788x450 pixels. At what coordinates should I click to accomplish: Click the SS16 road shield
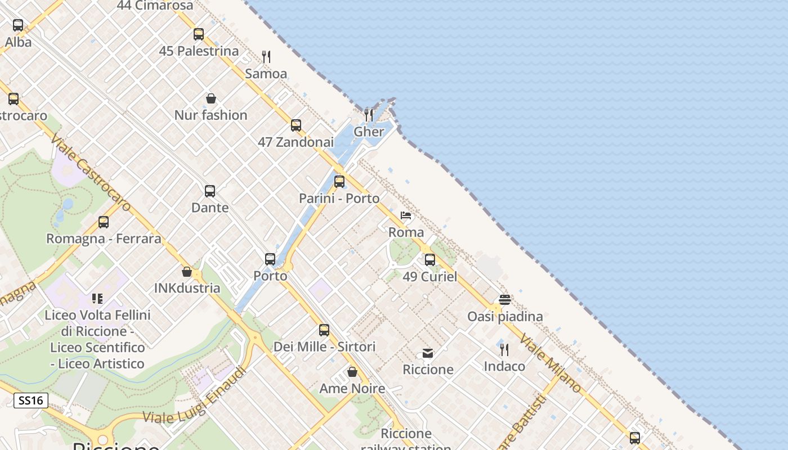[x=31, y=400]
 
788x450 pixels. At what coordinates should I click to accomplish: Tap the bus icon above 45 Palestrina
[x=199, y=34]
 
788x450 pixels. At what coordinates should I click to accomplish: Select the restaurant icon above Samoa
[x=266, y=56]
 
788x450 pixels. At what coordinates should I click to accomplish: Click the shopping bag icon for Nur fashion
[x=211, y=98]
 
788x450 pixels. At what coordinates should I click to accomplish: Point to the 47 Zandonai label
[x=295, y=142]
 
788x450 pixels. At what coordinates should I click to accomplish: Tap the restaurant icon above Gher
[x=369, y=115]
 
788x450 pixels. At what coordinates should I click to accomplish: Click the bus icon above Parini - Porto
[x=339, y=182]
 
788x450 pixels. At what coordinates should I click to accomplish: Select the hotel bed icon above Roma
[x=406, y=215]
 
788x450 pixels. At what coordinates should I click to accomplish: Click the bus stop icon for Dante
[x=210, y=191]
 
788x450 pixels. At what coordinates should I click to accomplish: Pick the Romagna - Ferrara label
[x=104, y=238]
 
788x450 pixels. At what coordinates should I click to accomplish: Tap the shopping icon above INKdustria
[x=187, y=272]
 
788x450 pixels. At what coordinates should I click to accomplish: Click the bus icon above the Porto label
[x=270, y=259]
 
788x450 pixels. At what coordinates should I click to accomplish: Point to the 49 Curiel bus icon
[x=430, y=260]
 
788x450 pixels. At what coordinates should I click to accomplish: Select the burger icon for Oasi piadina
[x=505, y=299]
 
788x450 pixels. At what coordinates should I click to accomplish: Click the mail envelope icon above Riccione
[x=428, y=353]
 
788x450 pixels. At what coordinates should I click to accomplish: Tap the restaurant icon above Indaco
[x=504, y=349]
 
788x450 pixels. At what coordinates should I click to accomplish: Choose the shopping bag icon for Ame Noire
[x=352, y=372]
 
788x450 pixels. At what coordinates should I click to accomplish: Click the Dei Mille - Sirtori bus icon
[x=324, y=330]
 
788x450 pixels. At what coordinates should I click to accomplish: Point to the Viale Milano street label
[x=550, y=363]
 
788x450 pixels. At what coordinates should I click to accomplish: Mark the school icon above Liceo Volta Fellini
[x=98, y=298]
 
